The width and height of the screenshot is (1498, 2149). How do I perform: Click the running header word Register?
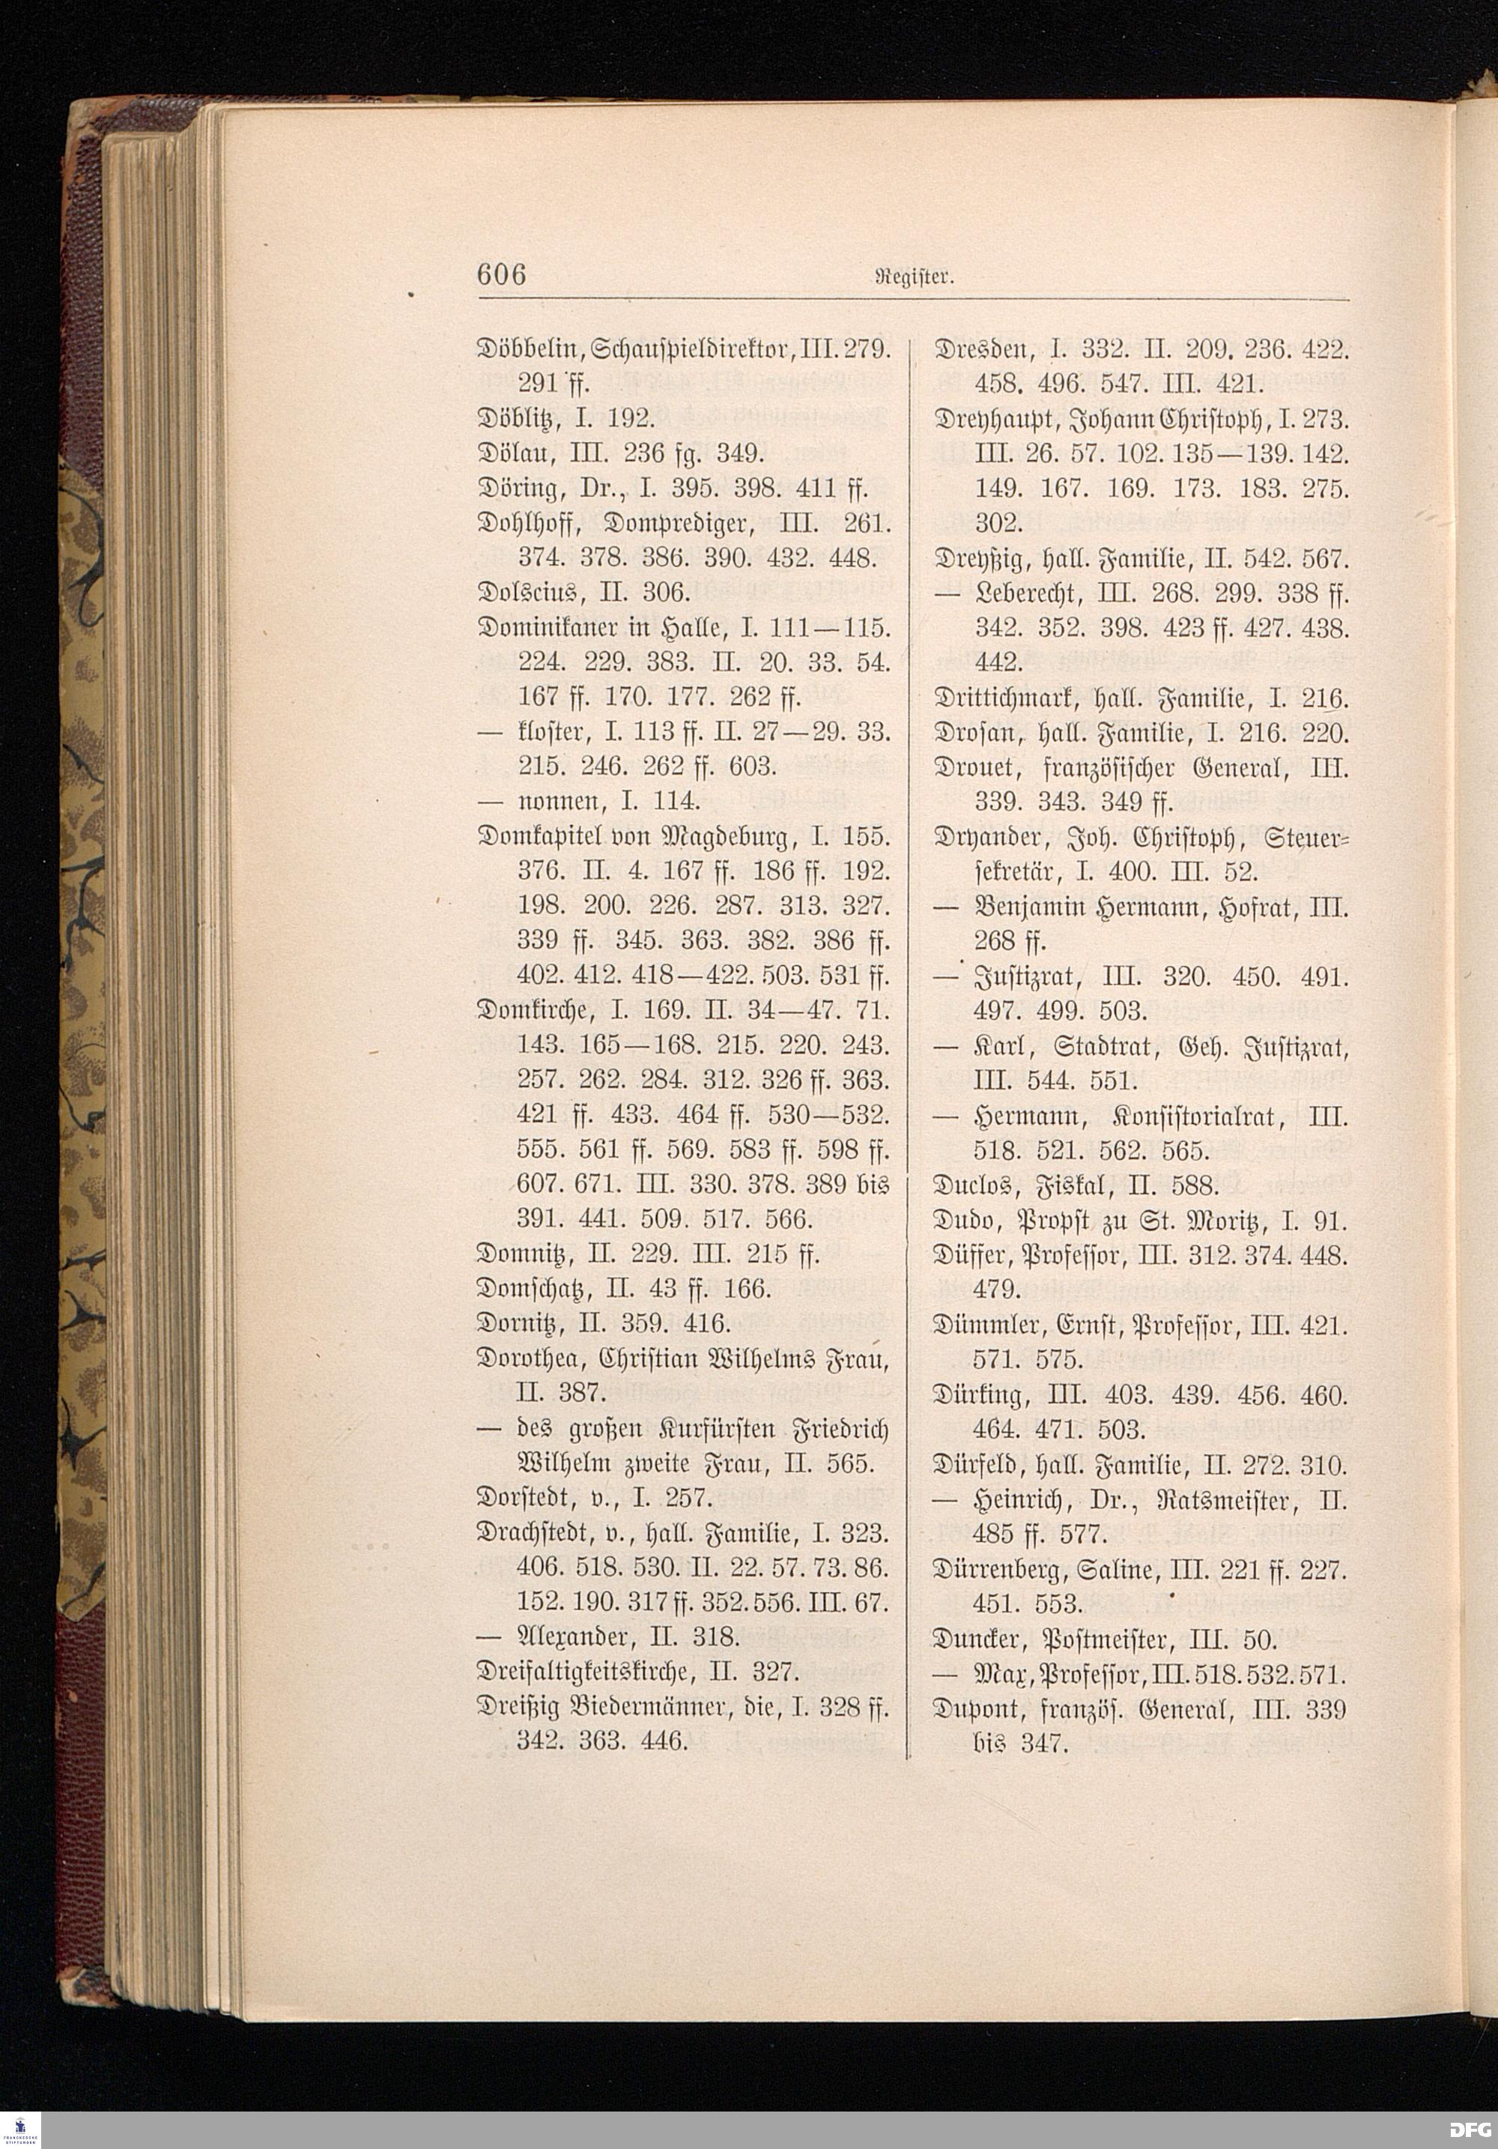(921, 277)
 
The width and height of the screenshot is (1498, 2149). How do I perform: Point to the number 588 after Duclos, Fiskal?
(1193, 1187)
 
